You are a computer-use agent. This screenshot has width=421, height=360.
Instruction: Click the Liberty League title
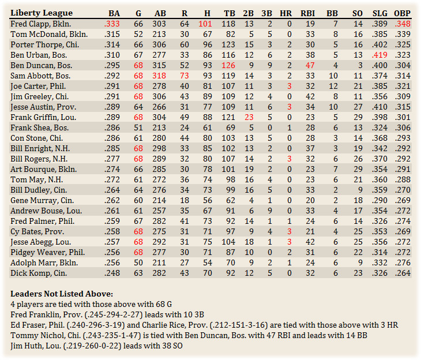click(42, 13)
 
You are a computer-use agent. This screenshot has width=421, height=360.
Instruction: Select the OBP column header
click(402, 13)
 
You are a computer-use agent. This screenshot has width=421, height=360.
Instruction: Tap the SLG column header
click(379, 13)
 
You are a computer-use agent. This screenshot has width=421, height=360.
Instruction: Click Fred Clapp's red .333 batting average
click(112, 24)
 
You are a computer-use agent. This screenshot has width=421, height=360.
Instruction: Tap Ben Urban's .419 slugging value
click(379, 55)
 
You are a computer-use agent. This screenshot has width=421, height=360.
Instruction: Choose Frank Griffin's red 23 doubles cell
click(249, 117)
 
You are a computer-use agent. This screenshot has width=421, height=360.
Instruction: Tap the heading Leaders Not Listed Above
click(56, 293)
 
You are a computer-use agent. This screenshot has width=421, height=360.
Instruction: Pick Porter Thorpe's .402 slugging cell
click(379, 44)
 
